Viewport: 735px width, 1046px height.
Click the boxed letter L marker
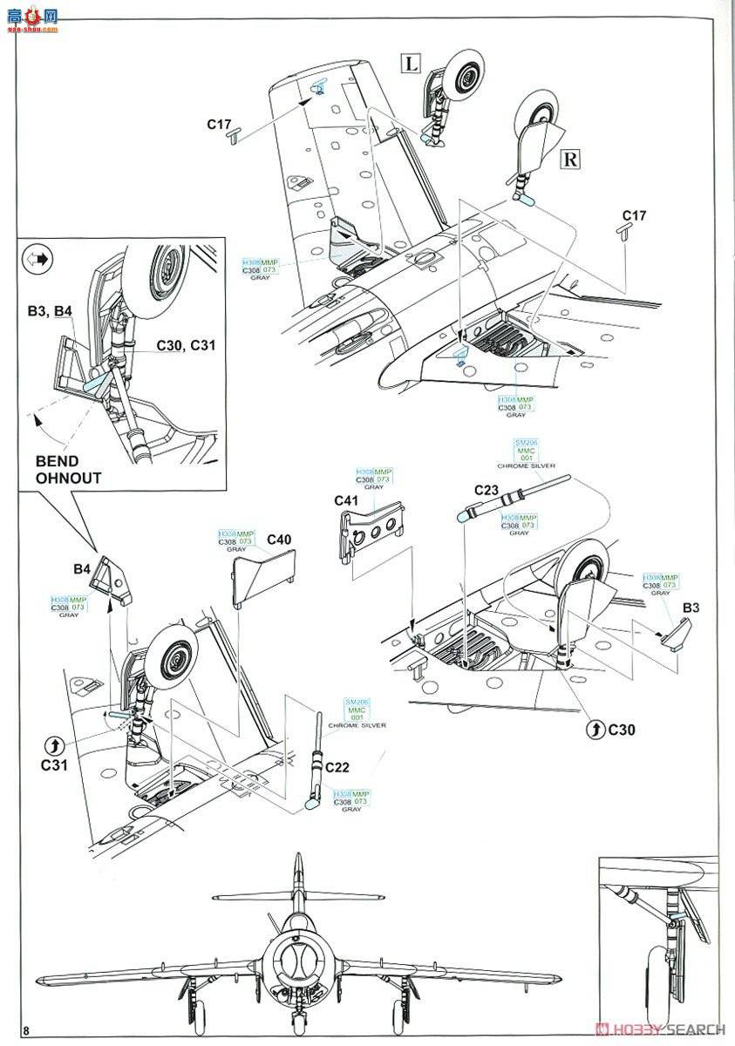pos(411,63)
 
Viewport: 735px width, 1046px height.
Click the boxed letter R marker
pos(569,159)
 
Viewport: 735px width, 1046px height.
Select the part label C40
pos(279,540)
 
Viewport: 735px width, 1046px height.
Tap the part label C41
pos(347,500)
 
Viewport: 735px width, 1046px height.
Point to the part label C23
pos(487,490)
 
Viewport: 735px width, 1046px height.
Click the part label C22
pos(337,767)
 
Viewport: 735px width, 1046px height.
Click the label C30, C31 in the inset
pos(186,345)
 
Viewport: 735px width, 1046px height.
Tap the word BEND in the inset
pos(57,461)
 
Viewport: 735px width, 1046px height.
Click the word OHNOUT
pos(68,478)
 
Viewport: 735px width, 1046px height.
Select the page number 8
pos(27,1031)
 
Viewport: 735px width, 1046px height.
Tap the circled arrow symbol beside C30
pos(595,728)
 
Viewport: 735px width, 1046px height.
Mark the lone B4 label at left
pos(82,569)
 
